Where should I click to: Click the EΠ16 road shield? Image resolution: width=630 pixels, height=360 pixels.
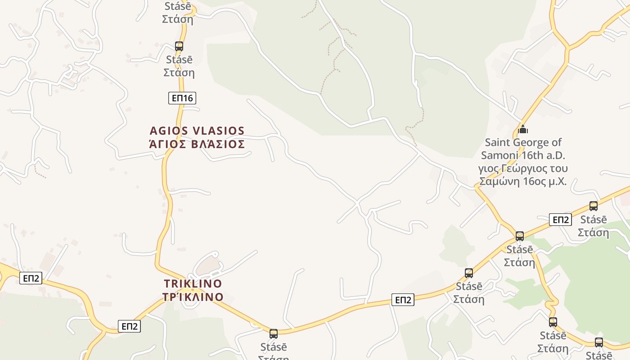pyautogui.click(x=182, y=98)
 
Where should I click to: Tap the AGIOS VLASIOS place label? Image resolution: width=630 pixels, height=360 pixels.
pyautogui.click(x=197, y=131)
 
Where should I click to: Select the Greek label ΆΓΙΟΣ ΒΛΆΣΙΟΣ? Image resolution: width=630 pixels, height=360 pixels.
pyautogui.click(x=197, y=144)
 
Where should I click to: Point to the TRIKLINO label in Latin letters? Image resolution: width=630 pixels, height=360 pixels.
pyautogui.click(x=193, y=284)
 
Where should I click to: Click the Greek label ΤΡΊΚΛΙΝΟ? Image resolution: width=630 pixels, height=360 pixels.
pyautogui.click(x=193, y=297)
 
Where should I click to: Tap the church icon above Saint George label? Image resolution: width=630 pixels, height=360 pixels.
pyautogui.click(x=522, y=130)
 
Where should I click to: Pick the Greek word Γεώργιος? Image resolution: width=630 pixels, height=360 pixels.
pyautogui.click(x=524, y=169)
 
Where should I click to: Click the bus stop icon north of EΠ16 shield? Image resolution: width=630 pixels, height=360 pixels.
pyautogui.click(x=179, y=46)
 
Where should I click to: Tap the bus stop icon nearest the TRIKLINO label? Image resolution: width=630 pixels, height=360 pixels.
pyautogui.click(x=273, y=334)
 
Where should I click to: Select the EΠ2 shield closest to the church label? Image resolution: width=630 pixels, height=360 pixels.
pyautogui.click(x=560, y=220)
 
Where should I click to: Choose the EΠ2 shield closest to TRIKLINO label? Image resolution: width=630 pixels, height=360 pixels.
pyautogui.click(x=129, y=326)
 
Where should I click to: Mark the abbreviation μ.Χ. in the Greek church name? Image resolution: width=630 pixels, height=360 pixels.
pyautogui.click(x=555, y=182)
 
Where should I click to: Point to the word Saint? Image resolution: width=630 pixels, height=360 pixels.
pyautogui.click(x=498, y=143)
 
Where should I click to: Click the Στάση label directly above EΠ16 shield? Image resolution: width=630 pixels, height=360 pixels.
pyautogui.click(x=179, y=72)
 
